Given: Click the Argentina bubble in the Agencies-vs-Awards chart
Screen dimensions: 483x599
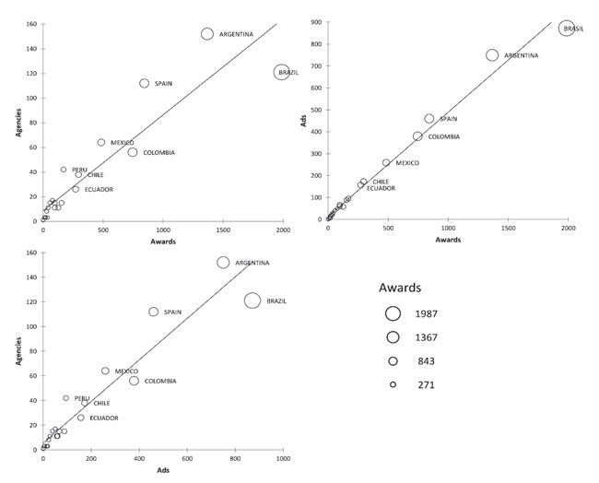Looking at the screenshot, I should (207, 34).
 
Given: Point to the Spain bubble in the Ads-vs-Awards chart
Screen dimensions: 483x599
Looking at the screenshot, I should (429, 118).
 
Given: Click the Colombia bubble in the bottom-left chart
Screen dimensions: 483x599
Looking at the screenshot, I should (134, 381).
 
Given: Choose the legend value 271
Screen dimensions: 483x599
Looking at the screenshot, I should (425, 384).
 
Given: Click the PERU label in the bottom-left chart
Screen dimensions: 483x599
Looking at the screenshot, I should (82, 398).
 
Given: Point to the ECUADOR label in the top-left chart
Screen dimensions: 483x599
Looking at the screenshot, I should (99, 189).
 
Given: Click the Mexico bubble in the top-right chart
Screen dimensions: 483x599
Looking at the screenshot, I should (386, 162).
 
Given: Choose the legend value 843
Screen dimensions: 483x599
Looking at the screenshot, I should (425, 360).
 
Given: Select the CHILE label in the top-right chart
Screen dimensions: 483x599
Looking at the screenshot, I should (381, 182).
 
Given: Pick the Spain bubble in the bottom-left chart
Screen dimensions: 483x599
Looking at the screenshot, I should (154, 312).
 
